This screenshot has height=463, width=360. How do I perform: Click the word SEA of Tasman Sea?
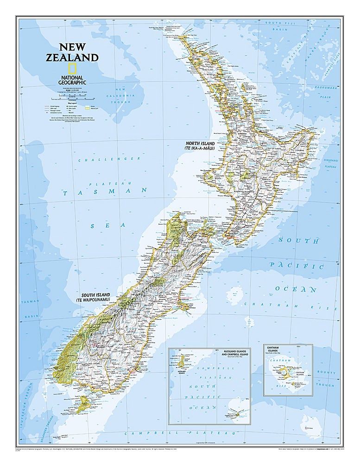98,226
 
